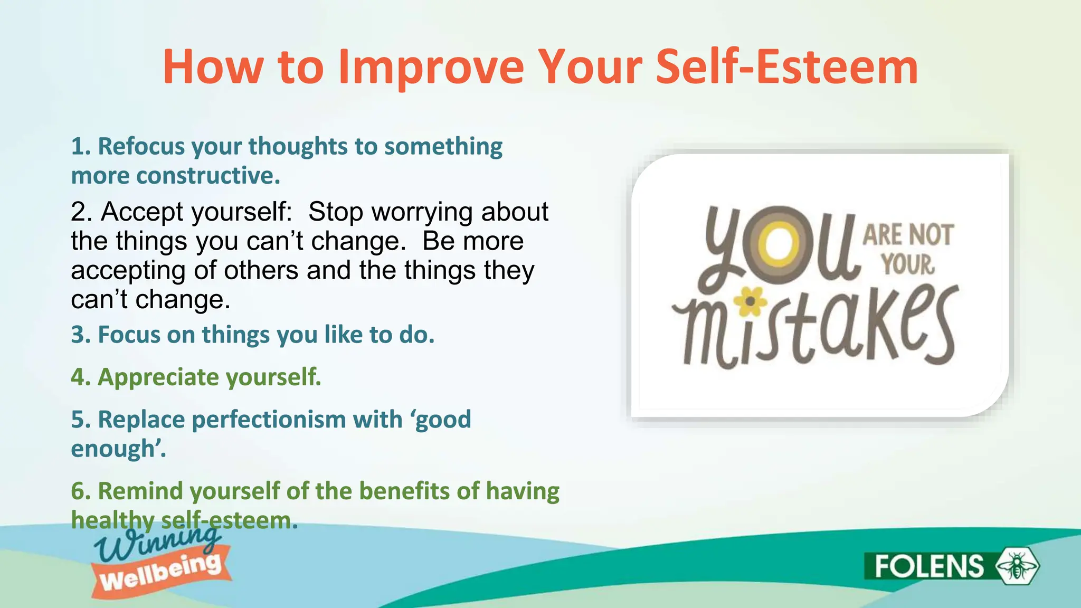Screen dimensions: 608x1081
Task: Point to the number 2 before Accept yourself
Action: [x=81, y=212]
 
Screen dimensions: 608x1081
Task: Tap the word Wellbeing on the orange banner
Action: [x=160, y=573]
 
